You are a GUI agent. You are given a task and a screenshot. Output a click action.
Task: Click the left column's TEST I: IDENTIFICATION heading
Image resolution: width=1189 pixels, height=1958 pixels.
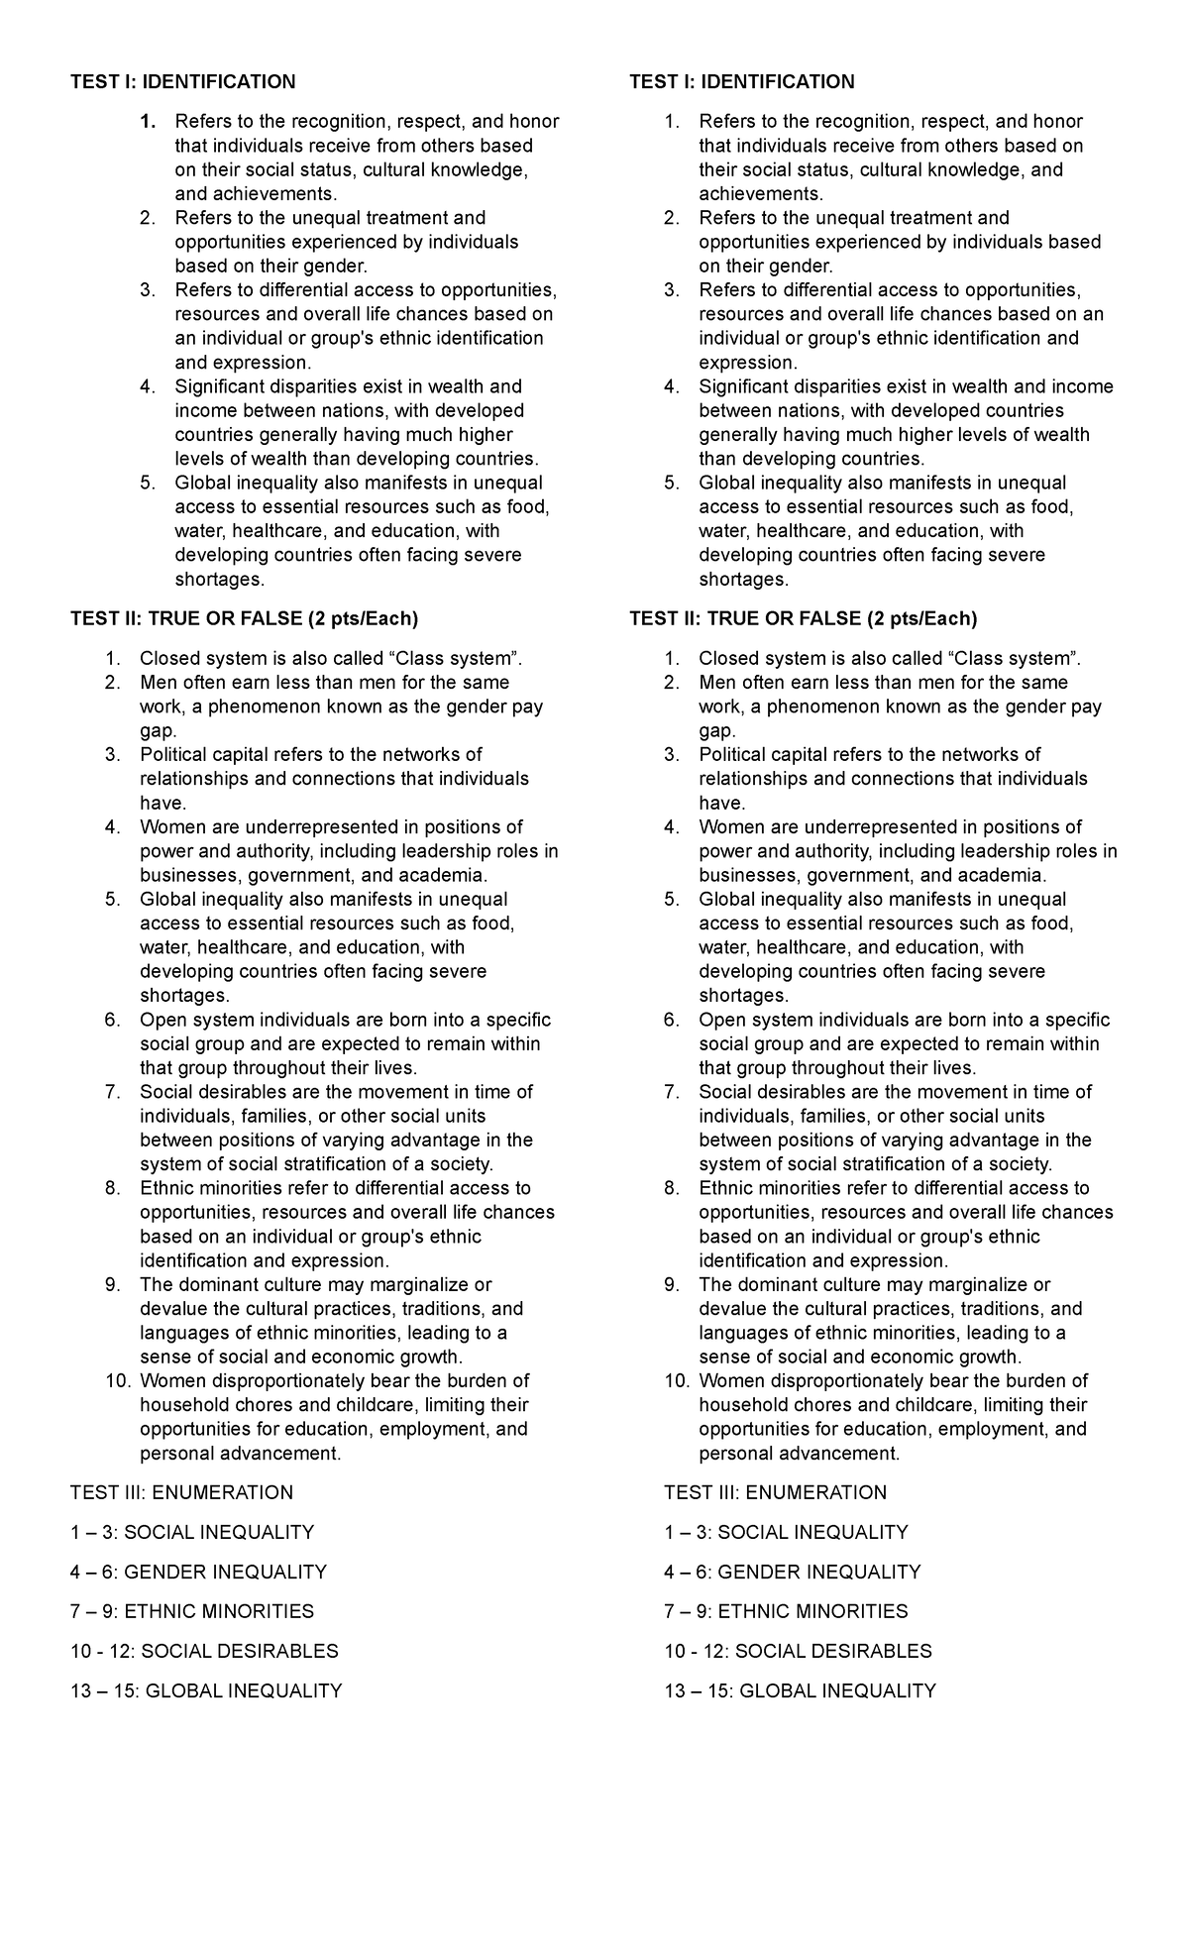182,81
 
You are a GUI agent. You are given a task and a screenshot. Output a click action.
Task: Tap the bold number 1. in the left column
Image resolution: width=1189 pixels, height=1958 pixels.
148,122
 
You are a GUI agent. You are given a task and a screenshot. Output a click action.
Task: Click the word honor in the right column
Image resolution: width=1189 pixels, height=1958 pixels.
1057,122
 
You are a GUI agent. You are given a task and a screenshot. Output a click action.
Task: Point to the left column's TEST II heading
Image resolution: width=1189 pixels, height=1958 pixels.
244,618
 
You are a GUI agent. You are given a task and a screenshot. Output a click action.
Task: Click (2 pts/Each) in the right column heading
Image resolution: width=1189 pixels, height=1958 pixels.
921,618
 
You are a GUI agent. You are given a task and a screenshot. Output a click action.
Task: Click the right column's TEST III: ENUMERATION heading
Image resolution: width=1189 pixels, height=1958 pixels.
775,1492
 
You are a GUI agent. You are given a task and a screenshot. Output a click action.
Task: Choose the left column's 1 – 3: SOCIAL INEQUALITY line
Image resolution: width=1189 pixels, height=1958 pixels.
191,1532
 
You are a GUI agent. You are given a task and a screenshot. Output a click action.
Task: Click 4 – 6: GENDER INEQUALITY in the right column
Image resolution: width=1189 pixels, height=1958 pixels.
792,1572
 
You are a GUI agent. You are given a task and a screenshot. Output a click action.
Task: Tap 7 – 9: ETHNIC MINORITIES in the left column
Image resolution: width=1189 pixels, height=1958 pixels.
191,1611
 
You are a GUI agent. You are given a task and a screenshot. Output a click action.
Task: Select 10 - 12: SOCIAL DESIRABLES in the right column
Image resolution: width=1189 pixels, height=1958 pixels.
798,1651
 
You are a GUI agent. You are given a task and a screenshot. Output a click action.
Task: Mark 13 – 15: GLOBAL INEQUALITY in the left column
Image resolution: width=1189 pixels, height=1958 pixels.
205,1690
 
